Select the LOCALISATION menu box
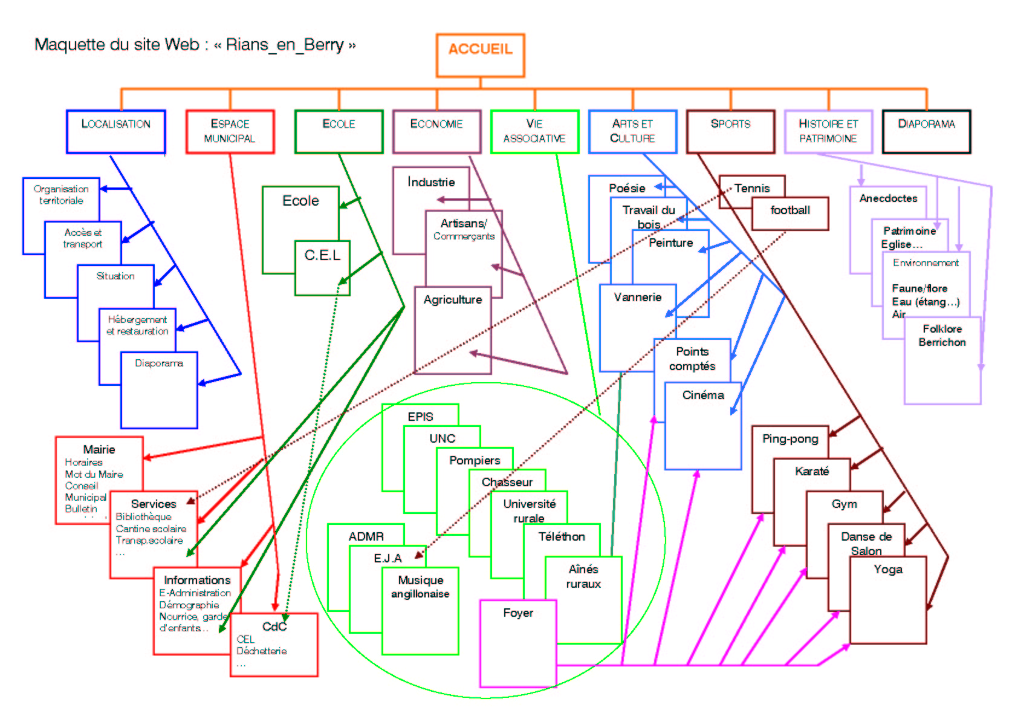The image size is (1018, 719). [x=115, y=131]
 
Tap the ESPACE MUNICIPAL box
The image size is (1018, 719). [x=230, y=131]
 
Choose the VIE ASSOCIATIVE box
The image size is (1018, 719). [x=534, y=131]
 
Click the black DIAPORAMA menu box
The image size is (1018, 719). [x=926, y=131]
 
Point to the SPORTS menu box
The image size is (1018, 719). [x=730, y=131]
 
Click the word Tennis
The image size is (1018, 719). [x=752, y=188]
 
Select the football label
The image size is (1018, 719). [x=790, y=210]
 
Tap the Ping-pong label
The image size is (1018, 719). [x=790, y=439]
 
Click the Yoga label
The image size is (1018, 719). [x=887, y=570]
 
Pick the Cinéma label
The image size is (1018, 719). [x=703, y=395]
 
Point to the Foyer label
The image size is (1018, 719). [x=518, y=613]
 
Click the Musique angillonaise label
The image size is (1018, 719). [x=420, y=587]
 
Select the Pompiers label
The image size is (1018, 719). [x=475, y=461]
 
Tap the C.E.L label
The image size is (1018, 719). [x=322, y=255]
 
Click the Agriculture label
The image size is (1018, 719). [x=453, y=300]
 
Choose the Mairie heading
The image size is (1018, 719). [x=99, y=449]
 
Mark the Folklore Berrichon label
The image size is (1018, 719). [x=942, y=336]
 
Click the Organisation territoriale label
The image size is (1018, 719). [x=61, y=195]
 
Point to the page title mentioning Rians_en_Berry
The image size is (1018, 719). [x=195, y=45]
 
